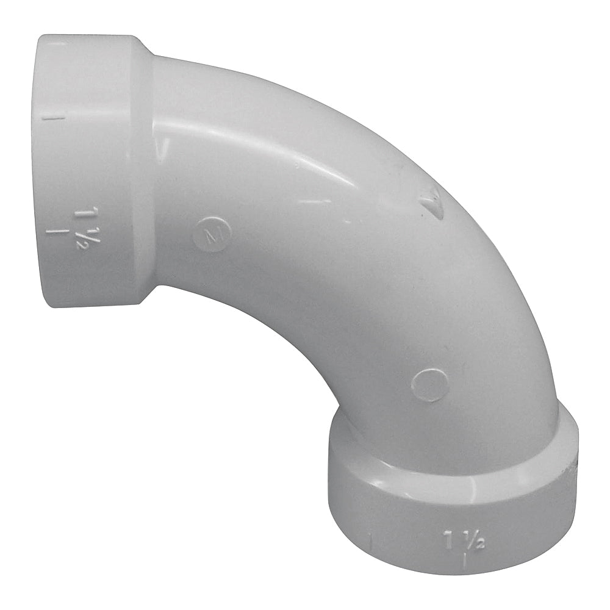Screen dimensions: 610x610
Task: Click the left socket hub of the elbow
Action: point(91,171)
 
